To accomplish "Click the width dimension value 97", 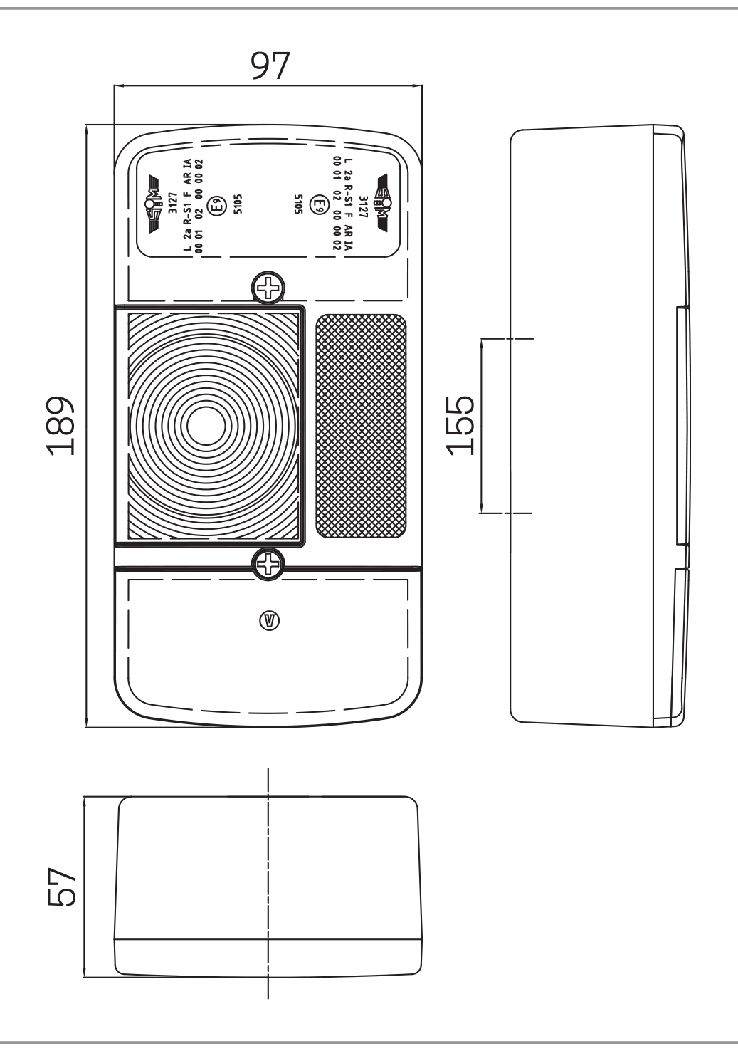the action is (270, 66).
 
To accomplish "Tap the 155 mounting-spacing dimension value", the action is (463, 425).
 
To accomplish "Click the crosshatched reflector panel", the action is (361, 426).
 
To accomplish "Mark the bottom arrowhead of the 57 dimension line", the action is (84, 973).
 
